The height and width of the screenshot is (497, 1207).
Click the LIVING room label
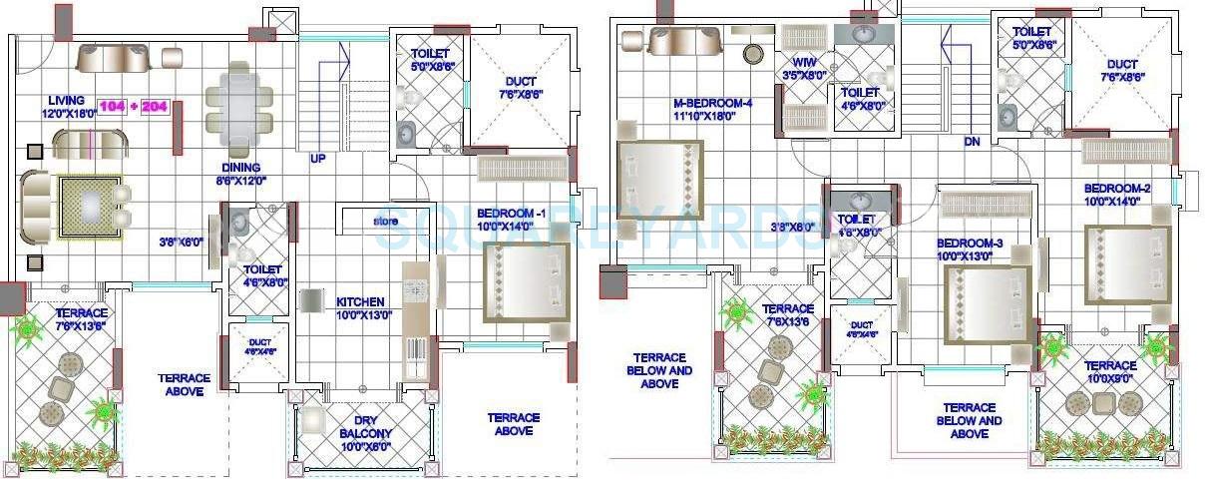67,100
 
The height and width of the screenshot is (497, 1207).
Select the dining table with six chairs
238,98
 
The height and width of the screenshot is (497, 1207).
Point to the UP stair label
317,159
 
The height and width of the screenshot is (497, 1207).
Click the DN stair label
972,142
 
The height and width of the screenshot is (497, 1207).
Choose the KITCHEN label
361,301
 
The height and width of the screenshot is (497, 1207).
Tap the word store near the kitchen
386,221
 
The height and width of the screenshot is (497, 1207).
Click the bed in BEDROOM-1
526,282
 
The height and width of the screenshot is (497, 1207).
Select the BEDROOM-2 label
1117,189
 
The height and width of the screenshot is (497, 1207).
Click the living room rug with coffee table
91,207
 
